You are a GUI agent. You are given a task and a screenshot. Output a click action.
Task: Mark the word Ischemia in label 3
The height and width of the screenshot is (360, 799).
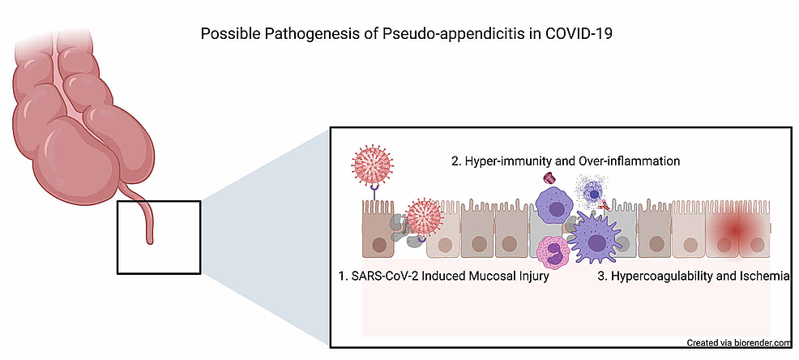coord(764,276)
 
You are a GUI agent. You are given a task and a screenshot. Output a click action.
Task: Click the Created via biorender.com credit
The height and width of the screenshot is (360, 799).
coord(738,342)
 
